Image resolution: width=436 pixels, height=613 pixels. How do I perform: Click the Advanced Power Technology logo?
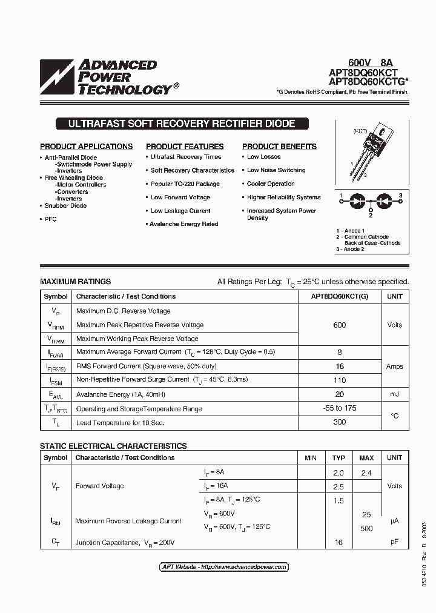tap(106, 77)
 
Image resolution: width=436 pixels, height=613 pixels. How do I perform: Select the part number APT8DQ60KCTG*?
tap(369, 81)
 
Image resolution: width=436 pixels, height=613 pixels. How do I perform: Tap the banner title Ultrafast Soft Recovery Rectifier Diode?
tap(182, 124)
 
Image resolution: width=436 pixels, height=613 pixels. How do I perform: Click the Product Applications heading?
tap(86, 147)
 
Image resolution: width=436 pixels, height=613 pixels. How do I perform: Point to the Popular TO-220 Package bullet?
tap(185, 184)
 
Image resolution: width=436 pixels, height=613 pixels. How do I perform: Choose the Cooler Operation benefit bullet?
tap(271, 184)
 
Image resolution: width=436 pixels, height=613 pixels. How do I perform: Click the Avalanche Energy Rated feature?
tap(184, 224)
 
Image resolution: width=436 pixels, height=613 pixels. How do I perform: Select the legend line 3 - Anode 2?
tap(350, 249)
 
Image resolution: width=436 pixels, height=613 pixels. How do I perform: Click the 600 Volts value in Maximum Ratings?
tap(340, 325)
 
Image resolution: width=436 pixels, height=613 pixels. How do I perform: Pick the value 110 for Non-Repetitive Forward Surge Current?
tap(340, 380)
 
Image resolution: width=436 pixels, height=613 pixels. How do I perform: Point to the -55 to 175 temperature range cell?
tap(340, 408)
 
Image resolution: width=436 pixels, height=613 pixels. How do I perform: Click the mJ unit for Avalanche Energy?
tap(394, 394)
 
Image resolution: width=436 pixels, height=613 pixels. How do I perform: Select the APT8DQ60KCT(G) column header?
tap(340, 296)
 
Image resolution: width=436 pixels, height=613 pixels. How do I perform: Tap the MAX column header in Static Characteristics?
tap(366, 458)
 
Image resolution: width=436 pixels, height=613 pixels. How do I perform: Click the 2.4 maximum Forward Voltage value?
tap(366, 473)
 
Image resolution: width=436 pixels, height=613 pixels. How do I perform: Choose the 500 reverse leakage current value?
tap(366, 528)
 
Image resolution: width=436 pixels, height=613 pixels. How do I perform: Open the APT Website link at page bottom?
tap(224, 567)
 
